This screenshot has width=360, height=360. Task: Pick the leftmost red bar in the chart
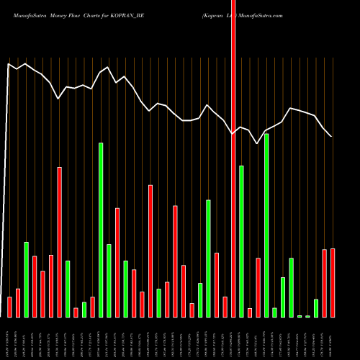pyautogui.click(x=9, y=307)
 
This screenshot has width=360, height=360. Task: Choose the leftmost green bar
pyautogui.click(x=26, y=279)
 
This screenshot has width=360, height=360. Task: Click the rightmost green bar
pyautogui.click(x=316, y=308)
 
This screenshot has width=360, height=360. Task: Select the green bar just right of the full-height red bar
pyautogui.click(x=241, y=241)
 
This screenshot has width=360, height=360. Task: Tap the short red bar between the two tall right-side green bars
pyautogui.click(x=250, y=312)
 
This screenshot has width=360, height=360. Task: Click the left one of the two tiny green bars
pyautogui.click(x=300, y=316)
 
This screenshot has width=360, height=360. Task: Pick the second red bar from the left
pyautogui.click(x=18, y=302)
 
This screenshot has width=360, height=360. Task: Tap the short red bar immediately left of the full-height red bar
pyautogui.click(x=225, y=307)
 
